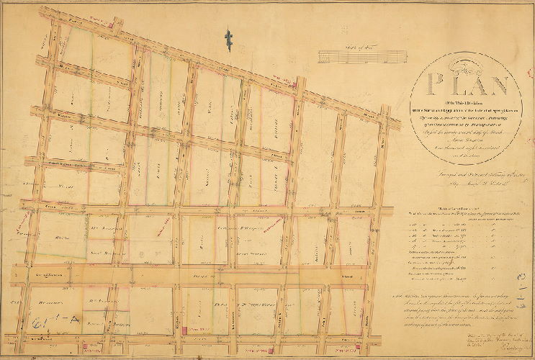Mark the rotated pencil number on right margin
click(x=521, y=275)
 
